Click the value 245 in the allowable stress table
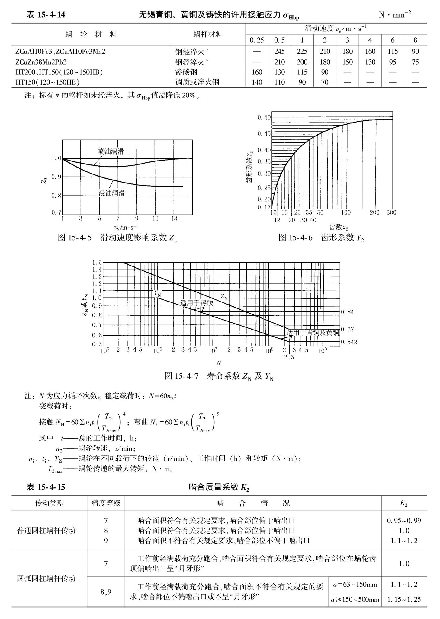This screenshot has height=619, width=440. point(279,52)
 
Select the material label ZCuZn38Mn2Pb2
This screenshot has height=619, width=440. point(41,62)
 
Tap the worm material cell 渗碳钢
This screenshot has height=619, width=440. point(186,72)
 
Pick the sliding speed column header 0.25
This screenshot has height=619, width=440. point(257,40)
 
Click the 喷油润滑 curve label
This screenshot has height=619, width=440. point(111,152)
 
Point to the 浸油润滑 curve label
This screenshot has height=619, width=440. point(112,193)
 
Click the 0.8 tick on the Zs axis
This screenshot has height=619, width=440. point(56,196)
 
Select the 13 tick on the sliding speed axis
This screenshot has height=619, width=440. point(174,218)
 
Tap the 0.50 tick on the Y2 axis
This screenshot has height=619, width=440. point(264,117)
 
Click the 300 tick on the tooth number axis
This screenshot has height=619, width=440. point(391,213)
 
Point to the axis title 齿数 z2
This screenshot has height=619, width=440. point(339,227)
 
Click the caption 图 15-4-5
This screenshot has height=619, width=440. point(75,238)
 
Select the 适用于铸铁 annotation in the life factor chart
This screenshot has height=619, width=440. point(197,303)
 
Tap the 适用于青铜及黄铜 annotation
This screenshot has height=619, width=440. point(313,333)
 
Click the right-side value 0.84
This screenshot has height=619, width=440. point(347,312)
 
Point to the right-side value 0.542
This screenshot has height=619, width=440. point(349,342)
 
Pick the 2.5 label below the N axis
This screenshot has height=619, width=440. point(289,357)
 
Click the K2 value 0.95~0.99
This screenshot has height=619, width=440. point(404,521)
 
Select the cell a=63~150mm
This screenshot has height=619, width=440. point(355,585)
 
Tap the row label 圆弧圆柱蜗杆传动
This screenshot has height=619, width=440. point(46,578)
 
